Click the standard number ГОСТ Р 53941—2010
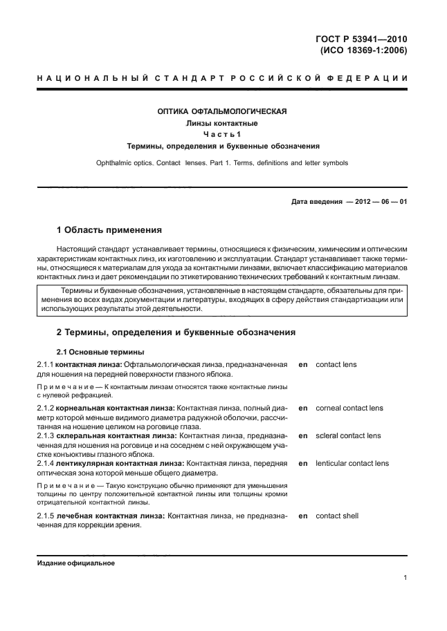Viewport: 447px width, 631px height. pyautogui.click(x=361, y=38)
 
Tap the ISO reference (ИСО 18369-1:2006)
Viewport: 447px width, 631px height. pyautogui.click(x=363, y=50)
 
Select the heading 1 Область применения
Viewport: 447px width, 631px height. pyautogui.click(x=109, y=229)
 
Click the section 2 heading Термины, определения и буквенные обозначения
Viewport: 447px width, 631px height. pyautogui.click(x=176, y=332)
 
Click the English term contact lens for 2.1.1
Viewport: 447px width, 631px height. pyautogui.click(x=336, y=364)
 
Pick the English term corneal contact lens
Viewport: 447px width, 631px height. pyautogui.click(x=349, y=408)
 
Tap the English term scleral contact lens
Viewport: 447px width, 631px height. pyautogui.click(x=348, y=436)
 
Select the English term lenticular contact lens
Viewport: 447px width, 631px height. pyautogui.click(x=352, y=463)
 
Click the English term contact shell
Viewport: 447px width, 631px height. pyautogui.click(x=337, y=516)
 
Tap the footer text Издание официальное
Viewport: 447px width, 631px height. pyautogui.click(x=75, y=563)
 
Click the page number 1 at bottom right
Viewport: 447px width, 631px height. pyautogui.click(x=405, y=578)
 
